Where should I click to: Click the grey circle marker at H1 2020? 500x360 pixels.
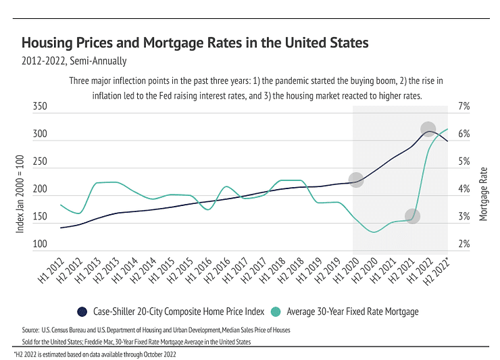tap(356, 180)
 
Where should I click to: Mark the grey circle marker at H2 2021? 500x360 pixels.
tap(412, 216)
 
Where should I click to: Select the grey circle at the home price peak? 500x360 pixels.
tap(428, 129)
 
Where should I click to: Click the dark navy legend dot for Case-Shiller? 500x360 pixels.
tap(82, 311)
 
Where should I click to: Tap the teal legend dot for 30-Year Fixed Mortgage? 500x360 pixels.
tap(276, 311)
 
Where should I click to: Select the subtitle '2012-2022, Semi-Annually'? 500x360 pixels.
tap(74, 61)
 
